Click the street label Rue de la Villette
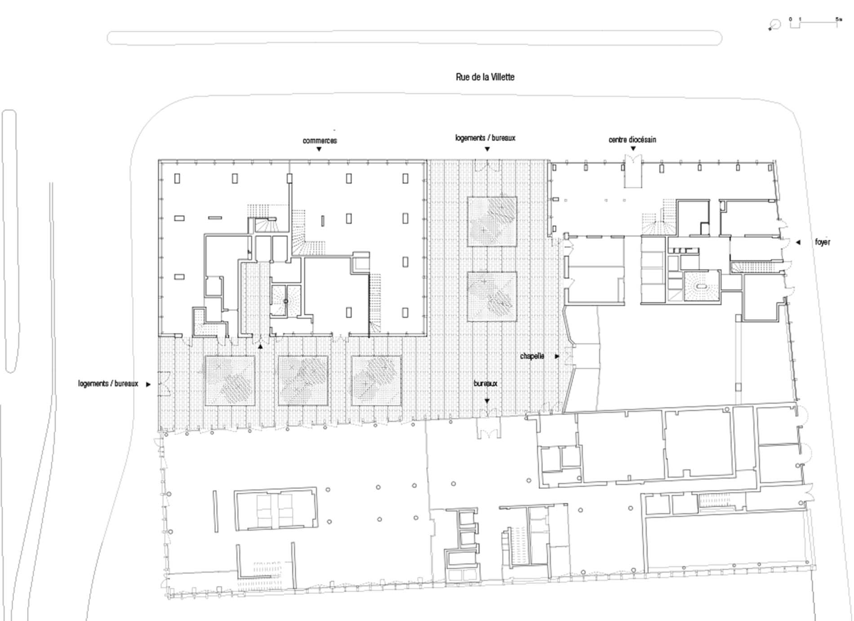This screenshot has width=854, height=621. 485,77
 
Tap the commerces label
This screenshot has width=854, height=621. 320,141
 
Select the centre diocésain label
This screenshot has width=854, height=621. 632,140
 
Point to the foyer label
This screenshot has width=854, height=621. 823,242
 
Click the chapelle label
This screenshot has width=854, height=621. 532,356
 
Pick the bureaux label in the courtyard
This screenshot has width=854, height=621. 485,384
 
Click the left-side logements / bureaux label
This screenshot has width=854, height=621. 108,384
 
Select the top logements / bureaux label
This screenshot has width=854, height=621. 485,138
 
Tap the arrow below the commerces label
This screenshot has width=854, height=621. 319,149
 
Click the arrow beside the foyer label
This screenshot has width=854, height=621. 798,243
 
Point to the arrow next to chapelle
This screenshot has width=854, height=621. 557,356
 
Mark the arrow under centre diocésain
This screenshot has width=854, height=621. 633,149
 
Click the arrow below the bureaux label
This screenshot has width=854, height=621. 487,401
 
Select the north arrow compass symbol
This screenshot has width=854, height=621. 774,25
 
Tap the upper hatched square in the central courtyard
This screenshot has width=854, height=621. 492,222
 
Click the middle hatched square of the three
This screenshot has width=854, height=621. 303,381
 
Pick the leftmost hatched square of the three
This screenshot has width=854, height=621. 230,381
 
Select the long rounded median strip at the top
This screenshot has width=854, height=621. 414,38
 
